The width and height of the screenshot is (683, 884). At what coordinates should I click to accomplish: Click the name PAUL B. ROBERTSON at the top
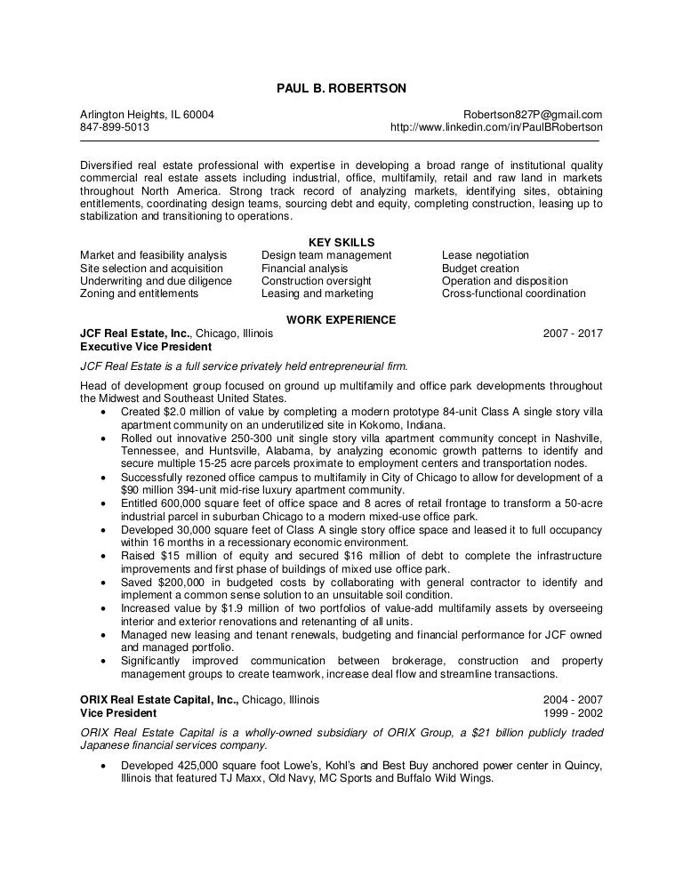click(341, 88)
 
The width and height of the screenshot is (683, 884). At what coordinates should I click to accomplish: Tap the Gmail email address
click(533, 115)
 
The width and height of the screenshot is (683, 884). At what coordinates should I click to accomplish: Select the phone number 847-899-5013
click(115, 127)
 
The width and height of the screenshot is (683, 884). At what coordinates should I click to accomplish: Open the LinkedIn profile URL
click(496, 127)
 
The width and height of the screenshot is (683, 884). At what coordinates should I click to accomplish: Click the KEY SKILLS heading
click(341, 242)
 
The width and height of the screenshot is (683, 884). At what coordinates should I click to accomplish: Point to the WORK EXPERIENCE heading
click(341, 320)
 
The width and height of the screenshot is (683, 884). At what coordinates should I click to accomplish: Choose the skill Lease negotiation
click(485, 255)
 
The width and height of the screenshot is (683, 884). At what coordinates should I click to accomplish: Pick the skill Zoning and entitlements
click(139, 293)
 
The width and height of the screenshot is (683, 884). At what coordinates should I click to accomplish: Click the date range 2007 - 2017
click(573, 334)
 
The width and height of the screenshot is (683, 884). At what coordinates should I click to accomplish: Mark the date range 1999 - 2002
click(573, 713)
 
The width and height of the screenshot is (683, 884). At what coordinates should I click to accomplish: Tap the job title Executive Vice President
click(146, 346)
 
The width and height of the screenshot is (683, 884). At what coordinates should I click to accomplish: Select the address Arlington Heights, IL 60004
click(147, 115)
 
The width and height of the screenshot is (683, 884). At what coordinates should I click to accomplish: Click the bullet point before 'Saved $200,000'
click(108, 582)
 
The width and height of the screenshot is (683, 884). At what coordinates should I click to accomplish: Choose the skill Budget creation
click(480, 269)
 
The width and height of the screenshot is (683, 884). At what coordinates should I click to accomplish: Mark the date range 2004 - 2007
click(573, 700)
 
